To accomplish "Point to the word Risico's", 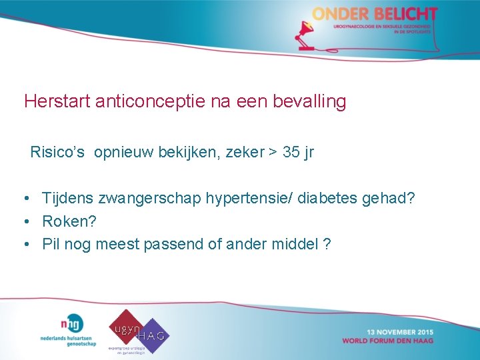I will [x=57, y=153].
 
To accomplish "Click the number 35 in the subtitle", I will [x=291, y=153].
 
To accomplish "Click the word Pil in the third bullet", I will [x=51, y=244].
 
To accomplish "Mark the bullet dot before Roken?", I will [x=25, y=221].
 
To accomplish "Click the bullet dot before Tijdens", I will [x=25, y=199].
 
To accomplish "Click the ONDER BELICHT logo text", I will [x=375, y=14].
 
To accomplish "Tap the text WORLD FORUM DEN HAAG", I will [x=387, y=341].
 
